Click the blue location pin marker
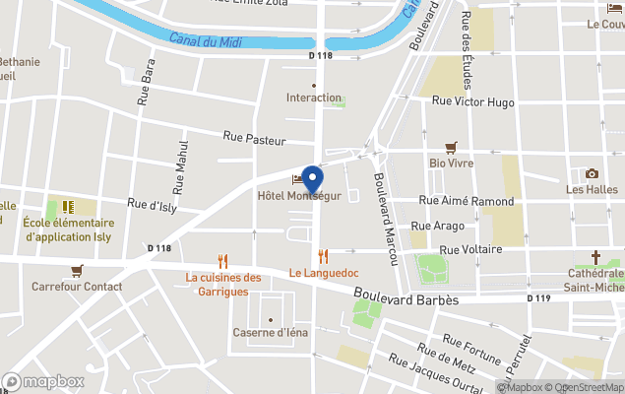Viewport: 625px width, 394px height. (x=313, y=180)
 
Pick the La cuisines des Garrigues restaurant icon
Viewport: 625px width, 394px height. (x=223, y=261)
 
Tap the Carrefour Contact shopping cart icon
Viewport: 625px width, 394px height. (x=77, y=270)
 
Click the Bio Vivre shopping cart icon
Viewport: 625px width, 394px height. (x=452, y=148)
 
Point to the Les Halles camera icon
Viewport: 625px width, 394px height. (x=592, y=173)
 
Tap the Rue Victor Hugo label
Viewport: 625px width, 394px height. (x=473, y=100)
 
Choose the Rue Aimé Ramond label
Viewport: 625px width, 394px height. (x=467, y=201)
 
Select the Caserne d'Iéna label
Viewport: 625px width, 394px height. (x=271, y=332)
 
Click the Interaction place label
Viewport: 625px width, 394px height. (x=314, y=98)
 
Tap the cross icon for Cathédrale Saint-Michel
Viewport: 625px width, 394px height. (x=594, y=257)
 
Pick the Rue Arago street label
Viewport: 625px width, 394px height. (x=432, y=226)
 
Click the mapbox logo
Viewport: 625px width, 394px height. (x=43, y=381)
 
